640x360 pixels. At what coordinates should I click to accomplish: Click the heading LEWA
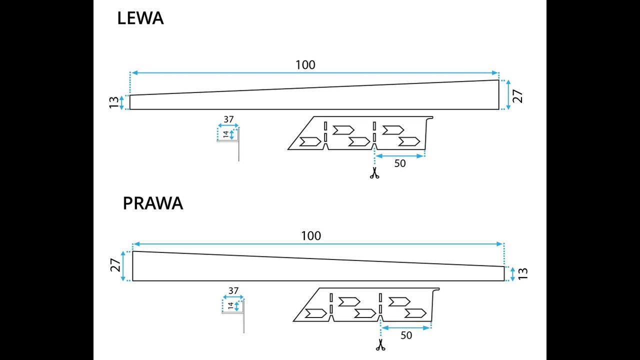140,18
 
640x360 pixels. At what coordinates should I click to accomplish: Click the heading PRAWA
153,203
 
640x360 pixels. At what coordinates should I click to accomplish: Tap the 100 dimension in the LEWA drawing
305,64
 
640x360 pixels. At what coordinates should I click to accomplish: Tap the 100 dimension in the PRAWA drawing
311,235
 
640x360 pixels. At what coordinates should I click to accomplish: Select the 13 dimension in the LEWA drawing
114,102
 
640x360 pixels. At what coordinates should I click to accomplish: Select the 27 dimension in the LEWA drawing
518,95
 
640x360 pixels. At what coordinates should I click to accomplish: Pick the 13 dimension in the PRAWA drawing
523,273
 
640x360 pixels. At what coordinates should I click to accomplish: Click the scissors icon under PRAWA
380,344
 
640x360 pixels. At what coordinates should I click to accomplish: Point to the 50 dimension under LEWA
400,163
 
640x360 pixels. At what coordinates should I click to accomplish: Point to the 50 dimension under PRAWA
406,335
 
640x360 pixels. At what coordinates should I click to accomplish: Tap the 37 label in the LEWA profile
228,119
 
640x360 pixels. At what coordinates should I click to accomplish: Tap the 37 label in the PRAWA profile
233,290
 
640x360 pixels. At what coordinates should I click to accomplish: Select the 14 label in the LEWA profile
225,134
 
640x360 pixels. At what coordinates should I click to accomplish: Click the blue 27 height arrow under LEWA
508,95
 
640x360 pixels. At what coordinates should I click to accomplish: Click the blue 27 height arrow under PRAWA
123,266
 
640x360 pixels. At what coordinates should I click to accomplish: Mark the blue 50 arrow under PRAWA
406,328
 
